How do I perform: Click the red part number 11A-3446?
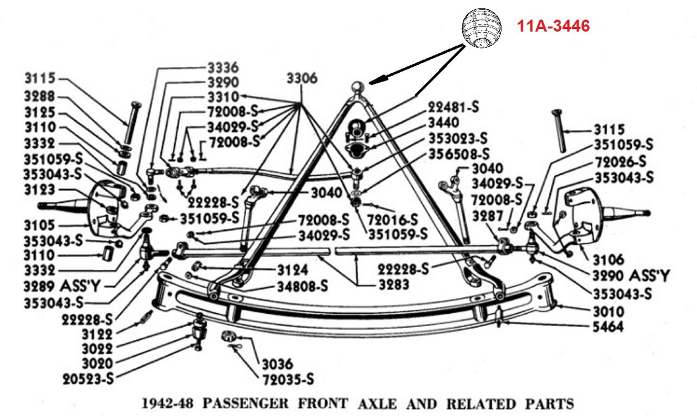pyautogui.click(x=553, y=26)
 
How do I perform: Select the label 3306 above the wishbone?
pyautogui.click(x=302, y=79)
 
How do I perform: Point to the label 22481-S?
pyautogui.click(x=453, y=108)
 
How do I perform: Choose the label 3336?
pyautogui.click(x=223, y=68)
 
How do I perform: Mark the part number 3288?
pyautogui.click(x=39, y=97)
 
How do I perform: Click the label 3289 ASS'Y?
pyautogui.click(x=61, y=284)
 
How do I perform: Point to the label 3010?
pyautogui.click(x=609, y=312)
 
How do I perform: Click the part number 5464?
pyautogui.click(x=609, y=327)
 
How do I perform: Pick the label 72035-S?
pyautogui.click(x=288, y=378)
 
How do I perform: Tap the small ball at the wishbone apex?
pyautogui.click(x=357, y=86)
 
